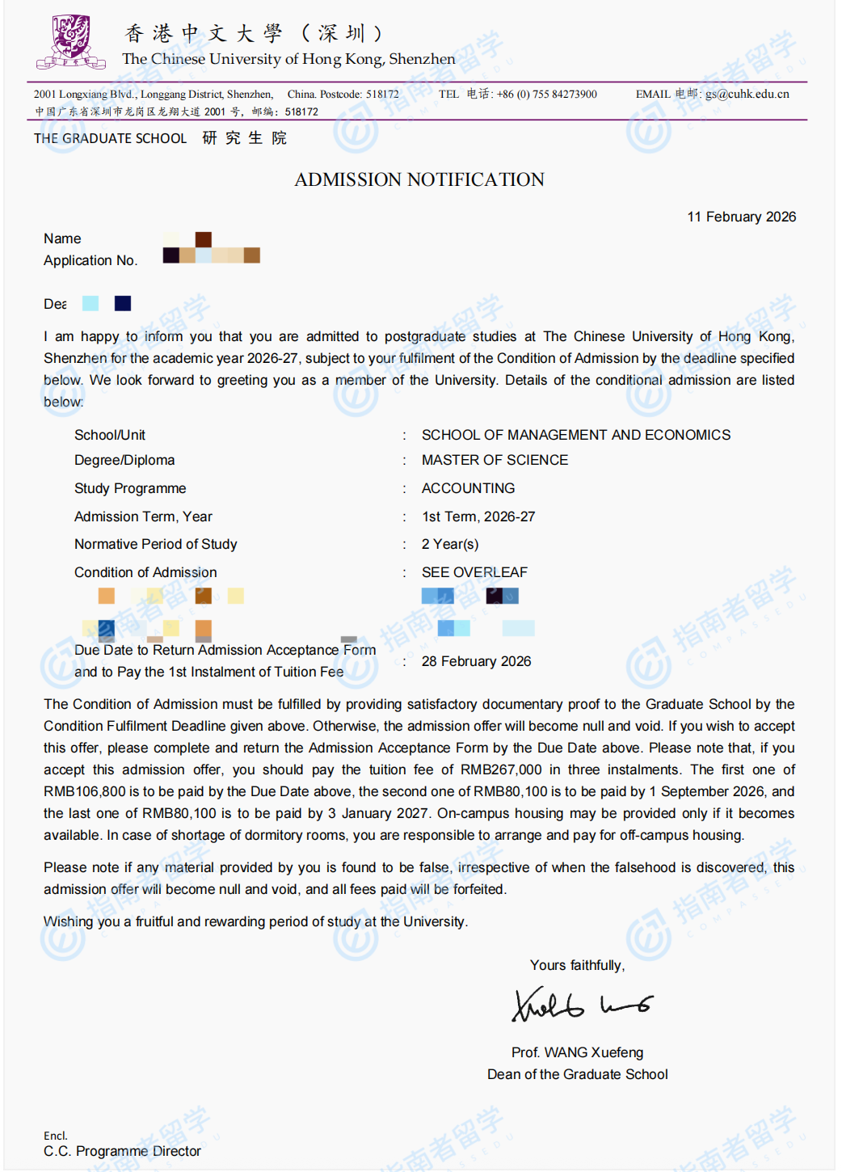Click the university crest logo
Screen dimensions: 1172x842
point(71,42)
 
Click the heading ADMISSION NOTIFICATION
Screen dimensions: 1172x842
point(419,179)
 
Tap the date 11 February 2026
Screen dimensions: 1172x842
point(741,217)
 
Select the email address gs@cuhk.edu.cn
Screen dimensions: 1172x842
point(747,94)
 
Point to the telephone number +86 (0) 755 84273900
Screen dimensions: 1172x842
point(546,94)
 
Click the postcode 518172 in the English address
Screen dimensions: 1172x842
point(382,94)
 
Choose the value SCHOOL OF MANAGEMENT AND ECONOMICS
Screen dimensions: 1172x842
point(575,435)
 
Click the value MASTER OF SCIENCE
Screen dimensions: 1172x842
point(495,460)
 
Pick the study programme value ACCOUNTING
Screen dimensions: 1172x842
point(468,488)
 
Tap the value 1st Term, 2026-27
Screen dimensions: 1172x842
point(478,516)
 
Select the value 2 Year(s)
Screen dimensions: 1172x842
point(450,544)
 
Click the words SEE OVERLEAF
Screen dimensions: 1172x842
point(474,572)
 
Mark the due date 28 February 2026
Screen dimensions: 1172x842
point(476,661)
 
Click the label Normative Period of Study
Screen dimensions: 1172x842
point(156,544)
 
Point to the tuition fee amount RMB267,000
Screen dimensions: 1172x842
point(501,769)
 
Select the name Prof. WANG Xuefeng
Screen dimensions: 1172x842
point(577,1052)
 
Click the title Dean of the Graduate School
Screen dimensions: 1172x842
point(577,1074)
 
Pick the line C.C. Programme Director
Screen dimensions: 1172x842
point(122,1151)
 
